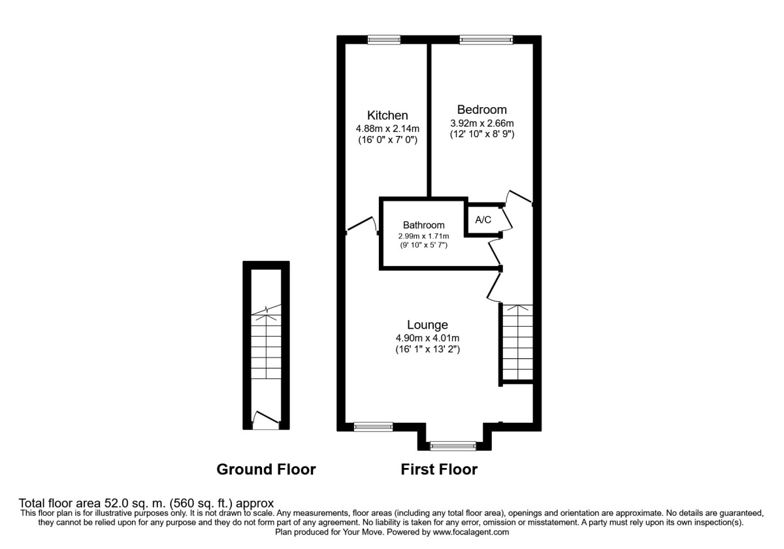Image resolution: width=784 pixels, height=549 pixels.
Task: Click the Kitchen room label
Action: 387,115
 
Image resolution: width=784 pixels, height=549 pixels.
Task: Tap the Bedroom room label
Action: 482,110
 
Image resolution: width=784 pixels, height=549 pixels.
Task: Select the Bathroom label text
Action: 423,225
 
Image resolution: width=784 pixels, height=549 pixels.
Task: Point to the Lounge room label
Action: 427,325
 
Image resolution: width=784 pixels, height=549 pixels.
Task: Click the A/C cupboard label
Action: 483,220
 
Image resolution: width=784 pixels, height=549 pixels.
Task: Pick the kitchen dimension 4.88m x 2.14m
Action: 387,129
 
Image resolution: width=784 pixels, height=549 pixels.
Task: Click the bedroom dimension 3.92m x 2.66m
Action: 482,124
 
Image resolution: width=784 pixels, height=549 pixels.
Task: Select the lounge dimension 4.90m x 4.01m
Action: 427,338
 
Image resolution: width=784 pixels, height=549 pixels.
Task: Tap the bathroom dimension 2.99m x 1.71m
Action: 423,236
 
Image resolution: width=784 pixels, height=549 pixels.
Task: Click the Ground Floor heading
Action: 266,469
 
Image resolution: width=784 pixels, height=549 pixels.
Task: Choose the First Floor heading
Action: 439,469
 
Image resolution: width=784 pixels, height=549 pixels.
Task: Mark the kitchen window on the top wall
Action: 384,40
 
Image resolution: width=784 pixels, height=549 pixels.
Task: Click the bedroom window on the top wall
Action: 485,40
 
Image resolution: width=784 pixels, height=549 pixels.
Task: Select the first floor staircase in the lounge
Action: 517,342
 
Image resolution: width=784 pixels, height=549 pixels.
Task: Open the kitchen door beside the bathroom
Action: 361,225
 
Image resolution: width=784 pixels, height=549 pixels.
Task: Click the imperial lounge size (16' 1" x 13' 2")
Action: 427,350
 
